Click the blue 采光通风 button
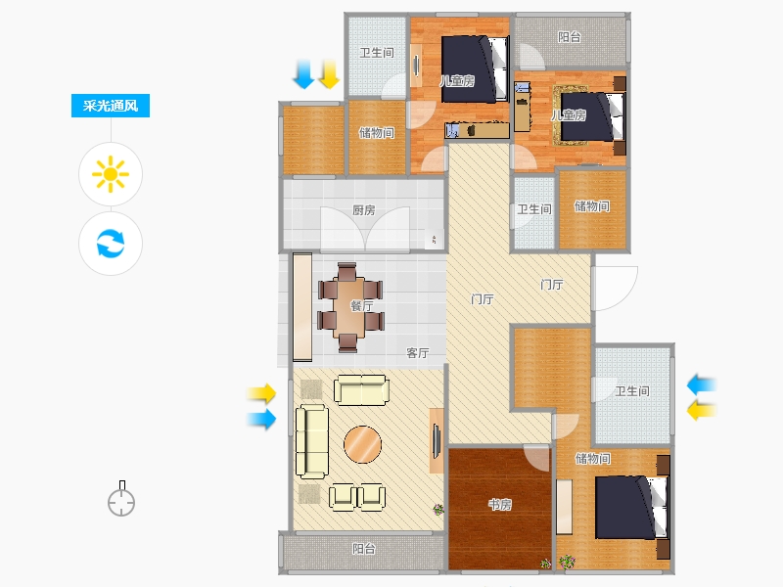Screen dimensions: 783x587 [111, 106]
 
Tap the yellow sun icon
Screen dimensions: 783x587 [111, 174]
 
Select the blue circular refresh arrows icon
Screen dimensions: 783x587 [111, 243]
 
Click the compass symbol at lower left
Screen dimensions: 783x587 [121, 499]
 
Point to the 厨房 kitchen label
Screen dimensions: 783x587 [363, 210]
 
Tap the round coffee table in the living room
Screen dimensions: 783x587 [362, 444]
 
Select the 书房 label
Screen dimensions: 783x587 [500, 505]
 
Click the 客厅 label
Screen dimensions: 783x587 [418, 353]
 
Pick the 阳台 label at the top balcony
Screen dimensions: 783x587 [570, 36]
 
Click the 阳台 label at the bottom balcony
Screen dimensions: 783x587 [363, 549]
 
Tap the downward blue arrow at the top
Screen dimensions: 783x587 [303, 74]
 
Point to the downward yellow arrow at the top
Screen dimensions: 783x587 [329, 74]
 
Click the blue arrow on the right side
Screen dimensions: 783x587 [702, 384]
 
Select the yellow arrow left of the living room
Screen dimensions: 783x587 [261, 393]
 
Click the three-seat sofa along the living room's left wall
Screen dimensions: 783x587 [311, 442]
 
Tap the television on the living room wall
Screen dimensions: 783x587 [436, 441]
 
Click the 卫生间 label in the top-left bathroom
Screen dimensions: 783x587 [377, 53]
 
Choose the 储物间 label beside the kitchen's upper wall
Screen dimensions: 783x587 [377, 132]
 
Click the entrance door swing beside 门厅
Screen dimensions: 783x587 [616, 288]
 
